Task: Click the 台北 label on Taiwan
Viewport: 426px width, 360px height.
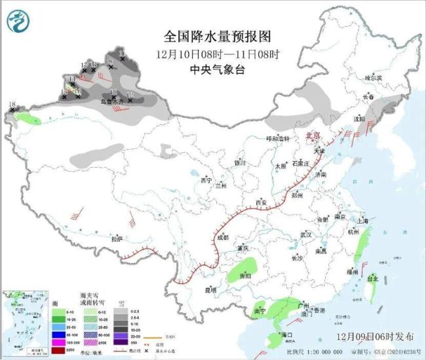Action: tap(372, 278)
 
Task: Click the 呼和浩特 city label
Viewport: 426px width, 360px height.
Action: tap(277, 138)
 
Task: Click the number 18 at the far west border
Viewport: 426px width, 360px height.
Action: tap(11, 104)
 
